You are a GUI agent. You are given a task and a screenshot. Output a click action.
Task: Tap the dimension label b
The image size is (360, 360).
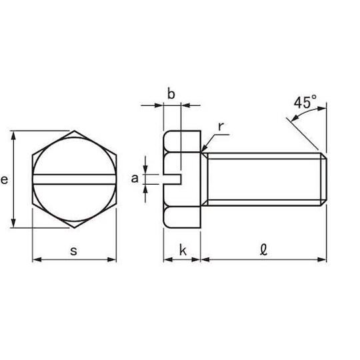coord(171,94)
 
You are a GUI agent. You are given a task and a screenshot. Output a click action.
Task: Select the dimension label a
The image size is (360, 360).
coord(135,178)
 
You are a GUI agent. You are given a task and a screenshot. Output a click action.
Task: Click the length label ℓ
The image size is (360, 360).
coord(263,251)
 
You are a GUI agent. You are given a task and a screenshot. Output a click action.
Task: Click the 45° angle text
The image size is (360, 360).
coord(304,103)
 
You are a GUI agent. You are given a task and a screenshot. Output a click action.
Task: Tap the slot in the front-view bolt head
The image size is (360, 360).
coord(73,178)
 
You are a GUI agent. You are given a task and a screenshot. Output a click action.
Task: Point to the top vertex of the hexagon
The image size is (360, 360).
coord(74,131)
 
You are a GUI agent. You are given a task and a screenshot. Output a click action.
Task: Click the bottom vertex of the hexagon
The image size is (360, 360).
coord(74,227)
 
